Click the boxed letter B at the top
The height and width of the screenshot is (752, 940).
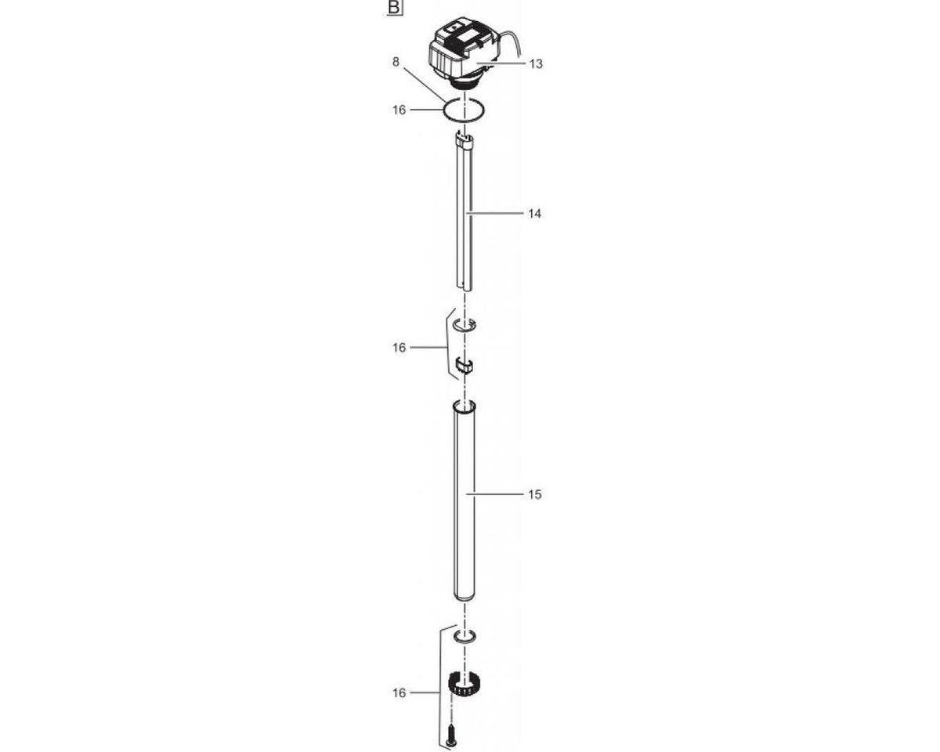[395, 9]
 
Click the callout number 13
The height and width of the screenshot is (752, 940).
[536, 63]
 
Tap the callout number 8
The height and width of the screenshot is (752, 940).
[396, 62]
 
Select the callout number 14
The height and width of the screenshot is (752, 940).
[535, 214]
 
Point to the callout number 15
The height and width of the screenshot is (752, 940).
[535, 494]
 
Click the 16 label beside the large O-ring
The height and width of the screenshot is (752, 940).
[399, 110]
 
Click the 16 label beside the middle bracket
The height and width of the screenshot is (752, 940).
[399, 347]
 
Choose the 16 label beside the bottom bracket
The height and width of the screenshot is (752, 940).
[399, 693]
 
